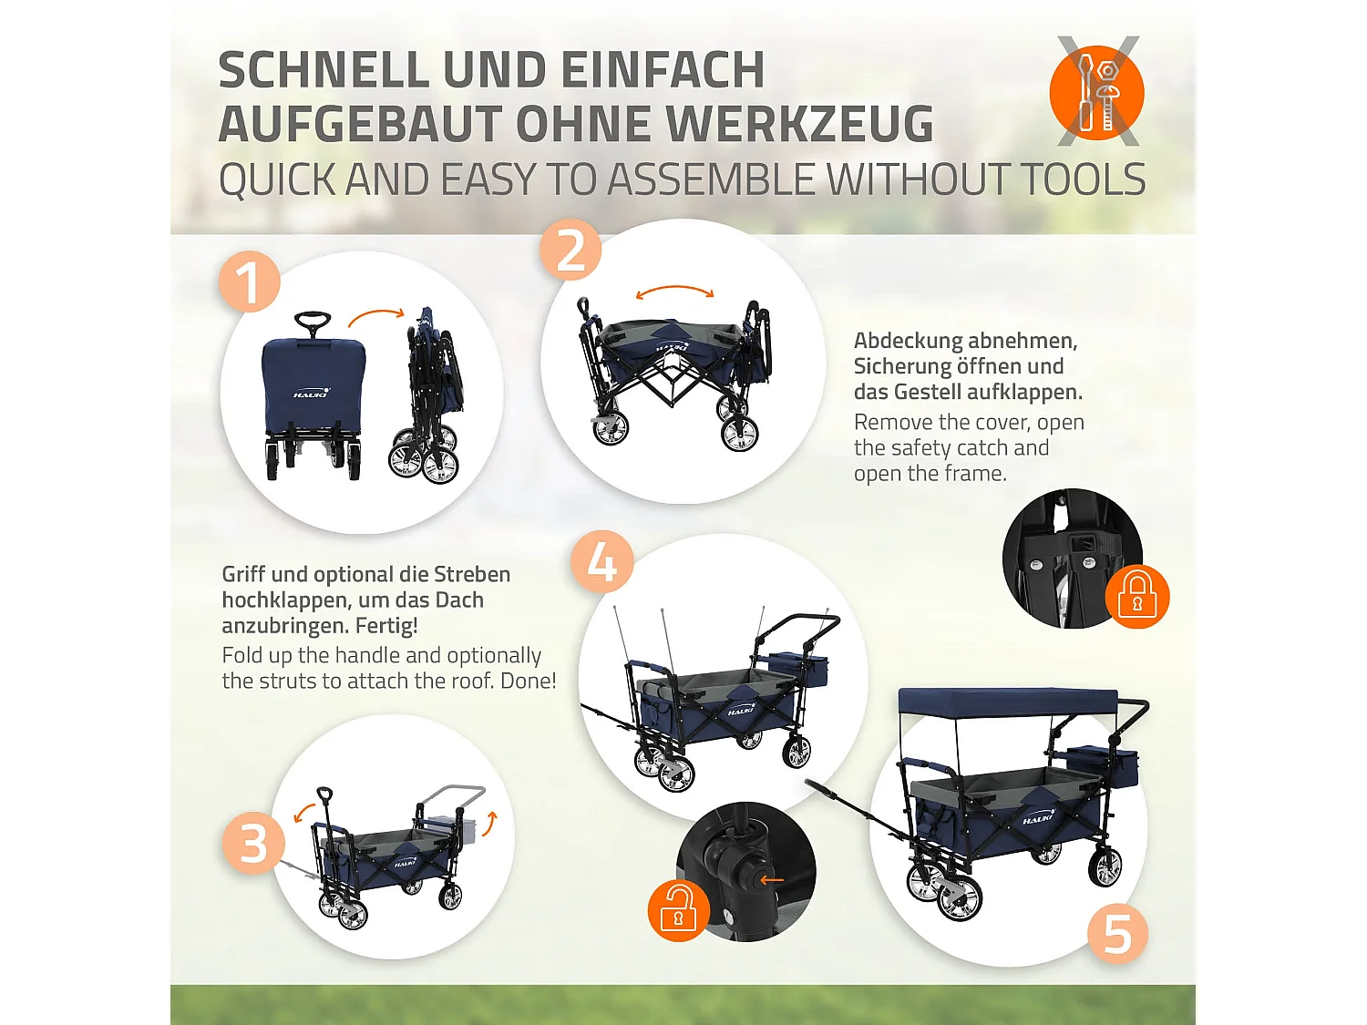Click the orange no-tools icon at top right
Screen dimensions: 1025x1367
1097,92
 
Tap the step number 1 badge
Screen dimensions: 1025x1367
249,282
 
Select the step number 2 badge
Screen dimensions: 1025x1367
571,250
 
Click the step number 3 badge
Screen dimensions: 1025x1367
252,843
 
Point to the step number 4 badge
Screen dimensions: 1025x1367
601,561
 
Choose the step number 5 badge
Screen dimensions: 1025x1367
1117,934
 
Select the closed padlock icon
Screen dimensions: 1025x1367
1136,596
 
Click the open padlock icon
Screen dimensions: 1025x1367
678,910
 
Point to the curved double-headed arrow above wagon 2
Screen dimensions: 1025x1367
674,292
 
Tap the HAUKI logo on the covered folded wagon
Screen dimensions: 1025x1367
311,394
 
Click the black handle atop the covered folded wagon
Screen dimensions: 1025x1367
313,322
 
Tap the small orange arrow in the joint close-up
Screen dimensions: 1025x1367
772,879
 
